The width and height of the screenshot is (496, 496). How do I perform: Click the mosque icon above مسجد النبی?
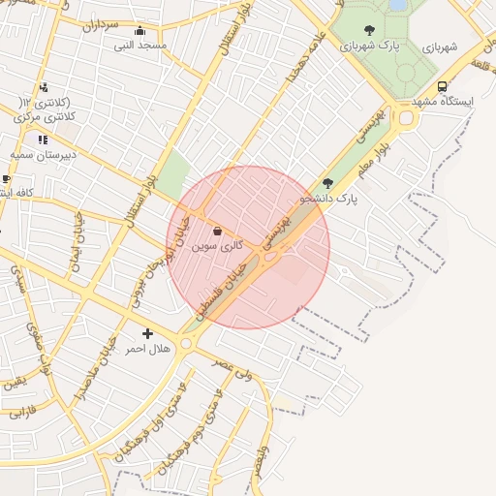click(x=140, y=30)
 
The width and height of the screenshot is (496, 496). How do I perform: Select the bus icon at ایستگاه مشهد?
click(x=443, y=85)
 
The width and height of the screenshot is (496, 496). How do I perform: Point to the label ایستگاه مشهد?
click(x=443, y=102)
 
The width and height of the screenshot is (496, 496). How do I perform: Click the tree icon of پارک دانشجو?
click(x=327, y=182)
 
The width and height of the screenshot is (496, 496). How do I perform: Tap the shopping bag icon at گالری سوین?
click(x=215, y=232)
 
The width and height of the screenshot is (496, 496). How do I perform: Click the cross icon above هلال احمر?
click(x=147, y=333)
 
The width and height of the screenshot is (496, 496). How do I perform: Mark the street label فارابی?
click(x=22, y=412)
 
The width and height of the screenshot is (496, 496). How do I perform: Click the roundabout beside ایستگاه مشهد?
click(x=403, y=118)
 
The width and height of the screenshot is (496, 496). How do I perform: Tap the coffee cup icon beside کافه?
click(x=7, y=179)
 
